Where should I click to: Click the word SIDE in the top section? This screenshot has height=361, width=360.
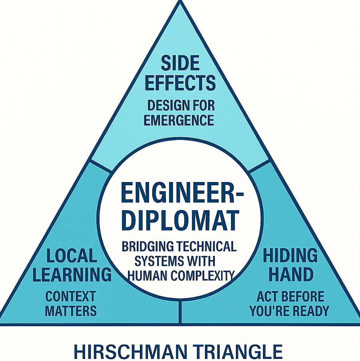180,64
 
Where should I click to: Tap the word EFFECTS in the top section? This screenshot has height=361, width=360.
180,83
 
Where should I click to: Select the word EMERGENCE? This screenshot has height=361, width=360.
179,121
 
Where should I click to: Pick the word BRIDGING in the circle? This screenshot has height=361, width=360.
148,246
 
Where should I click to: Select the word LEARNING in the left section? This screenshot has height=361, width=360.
72,275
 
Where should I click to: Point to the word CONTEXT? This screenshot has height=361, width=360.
71,296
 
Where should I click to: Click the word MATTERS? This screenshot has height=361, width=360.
71,311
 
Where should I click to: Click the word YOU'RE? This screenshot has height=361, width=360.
269,311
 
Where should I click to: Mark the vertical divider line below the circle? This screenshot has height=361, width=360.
180,311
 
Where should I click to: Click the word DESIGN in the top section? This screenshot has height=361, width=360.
165,105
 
